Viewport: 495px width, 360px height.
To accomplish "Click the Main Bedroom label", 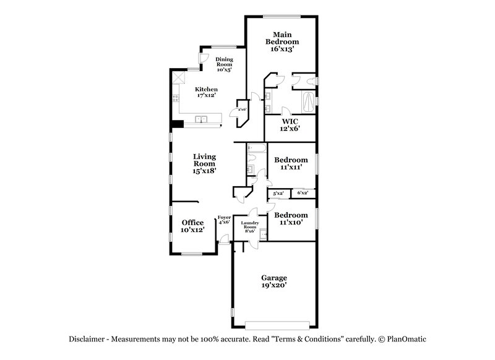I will click(282, 41).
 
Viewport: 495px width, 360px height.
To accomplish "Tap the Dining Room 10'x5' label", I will click(223, 64).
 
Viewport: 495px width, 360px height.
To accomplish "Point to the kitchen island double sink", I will click(201, 119).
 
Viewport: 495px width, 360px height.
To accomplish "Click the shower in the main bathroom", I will click(308, 100).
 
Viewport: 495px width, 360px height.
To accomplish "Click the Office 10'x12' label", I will click(192, 226).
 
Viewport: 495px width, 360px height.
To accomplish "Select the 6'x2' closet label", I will click(303, 194).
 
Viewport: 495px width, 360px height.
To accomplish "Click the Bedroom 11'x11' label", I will click(290, 163).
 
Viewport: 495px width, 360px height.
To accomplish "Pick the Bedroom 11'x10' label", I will click(290, 218).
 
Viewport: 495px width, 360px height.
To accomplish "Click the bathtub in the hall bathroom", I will click(256, 149).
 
